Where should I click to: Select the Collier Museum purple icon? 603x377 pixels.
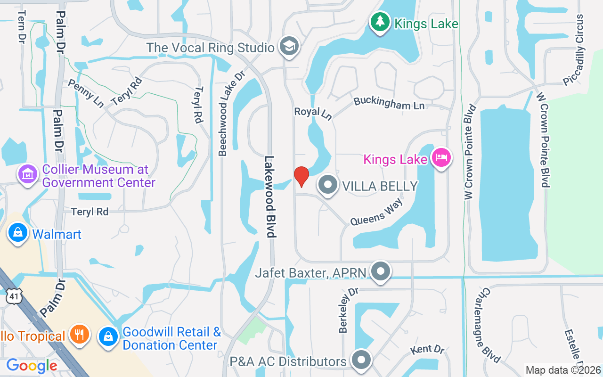(27, 175)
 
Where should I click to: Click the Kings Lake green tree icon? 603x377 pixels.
(380, 22)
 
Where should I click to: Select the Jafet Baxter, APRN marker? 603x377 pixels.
(380, 272)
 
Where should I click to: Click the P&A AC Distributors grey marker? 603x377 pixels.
(361, 361)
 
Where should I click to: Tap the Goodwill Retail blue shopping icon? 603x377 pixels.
(108, 337)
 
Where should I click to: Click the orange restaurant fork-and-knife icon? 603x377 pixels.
(79, 334)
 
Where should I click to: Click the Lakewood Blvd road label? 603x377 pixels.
(269, 197)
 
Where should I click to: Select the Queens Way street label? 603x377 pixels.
(376, 213)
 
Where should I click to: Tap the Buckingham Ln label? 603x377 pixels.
(389, 103)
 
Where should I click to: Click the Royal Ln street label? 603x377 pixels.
(313, 113)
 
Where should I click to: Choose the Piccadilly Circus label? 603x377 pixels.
(574, 50)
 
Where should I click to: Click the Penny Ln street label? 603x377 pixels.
(86, 93)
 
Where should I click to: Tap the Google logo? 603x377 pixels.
(32, 365)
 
